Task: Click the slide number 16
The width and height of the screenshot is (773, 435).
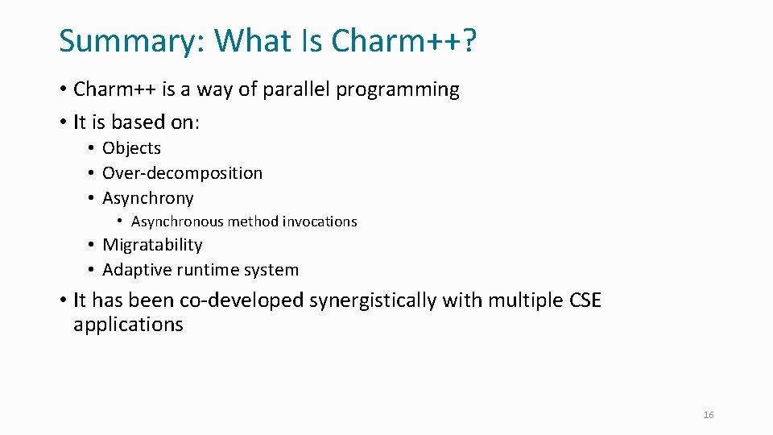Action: click(x=709, y=415)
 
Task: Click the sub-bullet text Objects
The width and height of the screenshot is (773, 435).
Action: click(x=131, y=148)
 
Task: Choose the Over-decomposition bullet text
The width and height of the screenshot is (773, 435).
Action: click(x=182, y=173)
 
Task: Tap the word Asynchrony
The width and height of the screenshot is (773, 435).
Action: click(x=148, y=198)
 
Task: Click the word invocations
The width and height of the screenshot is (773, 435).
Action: click(x=319, y=222)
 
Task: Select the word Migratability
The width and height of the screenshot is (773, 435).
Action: click(x=152, y=245)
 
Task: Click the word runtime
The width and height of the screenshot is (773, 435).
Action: click(x=208, y=270)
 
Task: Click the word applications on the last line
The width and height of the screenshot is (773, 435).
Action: click(x=128, y=325)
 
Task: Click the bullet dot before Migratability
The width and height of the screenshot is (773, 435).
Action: click(x=93, y=245)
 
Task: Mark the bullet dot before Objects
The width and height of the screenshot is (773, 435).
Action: click(x=93, y=148)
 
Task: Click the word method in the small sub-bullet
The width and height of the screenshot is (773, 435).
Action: click(x=254, y=222)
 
